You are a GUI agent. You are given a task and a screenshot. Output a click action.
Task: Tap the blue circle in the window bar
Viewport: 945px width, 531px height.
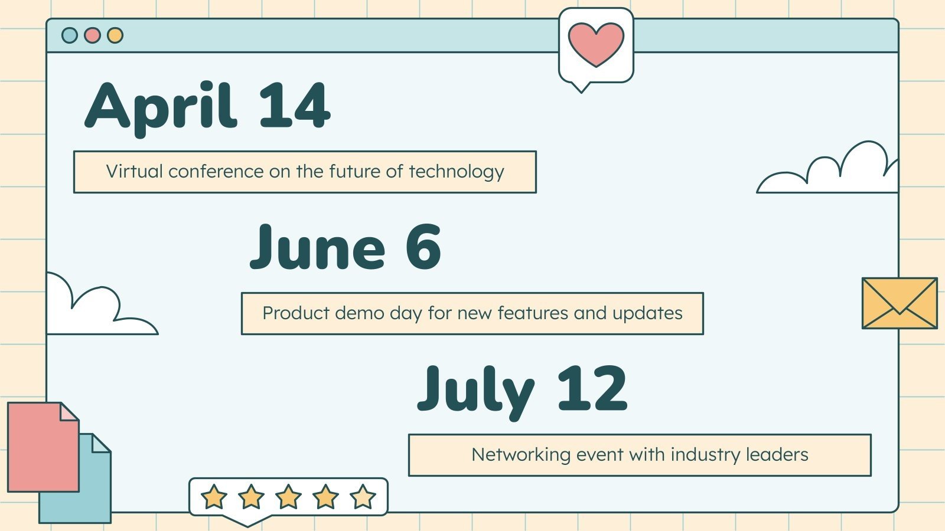[70, 35]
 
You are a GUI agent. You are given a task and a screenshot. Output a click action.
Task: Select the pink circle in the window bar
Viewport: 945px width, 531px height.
[92, 35]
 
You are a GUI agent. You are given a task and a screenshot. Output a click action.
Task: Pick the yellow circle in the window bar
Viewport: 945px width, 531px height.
[115, 35]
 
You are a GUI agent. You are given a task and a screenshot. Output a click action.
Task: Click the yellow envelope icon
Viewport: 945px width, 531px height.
[899, 303]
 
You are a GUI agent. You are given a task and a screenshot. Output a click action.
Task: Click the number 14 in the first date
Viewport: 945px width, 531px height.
[294, 106]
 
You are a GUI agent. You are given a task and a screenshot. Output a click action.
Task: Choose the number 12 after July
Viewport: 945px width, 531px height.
[592, 389]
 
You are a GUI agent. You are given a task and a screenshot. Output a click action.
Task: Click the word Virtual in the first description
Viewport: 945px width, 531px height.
[134, 172]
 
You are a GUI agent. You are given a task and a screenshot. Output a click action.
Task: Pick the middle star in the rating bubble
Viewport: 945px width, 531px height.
[288, 497]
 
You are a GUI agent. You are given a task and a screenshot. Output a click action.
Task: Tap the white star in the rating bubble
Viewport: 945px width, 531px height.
[363, 497]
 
